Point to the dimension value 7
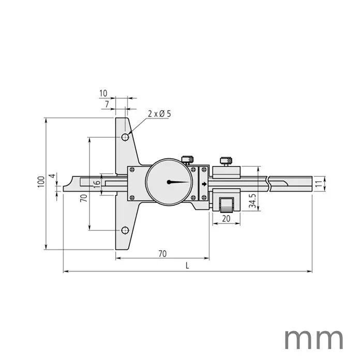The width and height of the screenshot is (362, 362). [107, 104]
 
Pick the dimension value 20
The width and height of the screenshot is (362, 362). [227, 219]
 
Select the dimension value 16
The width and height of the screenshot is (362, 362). [96, 183]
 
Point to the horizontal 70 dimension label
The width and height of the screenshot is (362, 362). [162, 253]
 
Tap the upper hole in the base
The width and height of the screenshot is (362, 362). [125, 138]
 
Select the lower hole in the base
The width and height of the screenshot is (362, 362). [125, 230]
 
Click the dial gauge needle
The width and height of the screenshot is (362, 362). [179, 182]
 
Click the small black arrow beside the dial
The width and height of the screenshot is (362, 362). [204, 184]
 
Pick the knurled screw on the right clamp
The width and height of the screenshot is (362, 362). [226, 160]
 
